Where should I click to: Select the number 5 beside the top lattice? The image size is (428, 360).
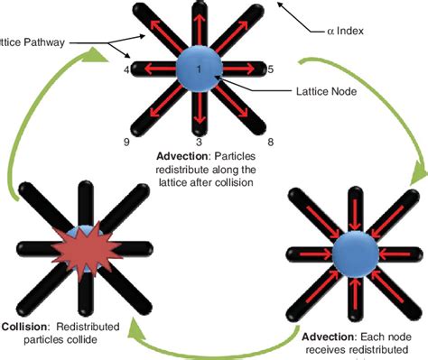coord(271,68)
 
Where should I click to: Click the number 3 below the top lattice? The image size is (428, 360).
coord(199,142)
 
